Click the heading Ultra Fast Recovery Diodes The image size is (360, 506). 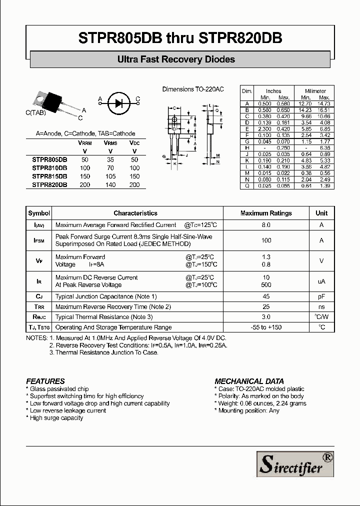(176, 59)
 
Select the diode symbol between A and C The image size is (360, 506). (118, 103)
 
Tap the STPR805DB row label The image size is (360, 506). (49, 159)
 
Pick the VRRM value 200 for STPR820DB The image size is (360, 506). (84, 185)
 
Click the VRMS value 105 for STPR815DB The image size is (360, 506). (110, 176)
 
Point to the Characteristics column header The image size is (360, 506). (135, 213)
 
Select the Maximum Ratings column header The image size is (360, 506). (266, 213)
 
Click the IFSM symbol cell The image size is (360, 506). (39, 240)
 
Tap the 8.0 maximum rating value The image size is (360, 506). (266, 225)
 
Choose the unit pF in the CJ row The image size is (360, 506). (321, 296)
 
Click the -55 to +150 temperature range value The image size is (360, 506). (266, 327)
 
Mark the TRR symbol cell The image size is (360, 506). (39, 306)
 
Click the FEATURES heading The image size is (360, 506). (45, 381)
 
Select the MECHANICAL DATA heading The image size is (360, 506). (249, 381)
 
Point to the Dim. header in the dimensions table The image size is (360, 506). (247, 91)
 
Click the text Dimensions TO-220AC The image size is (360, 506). (193, 89)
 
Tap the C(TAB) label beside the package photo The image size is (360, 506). (35, 113)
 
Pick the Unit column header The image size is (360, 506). (321, 213)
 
